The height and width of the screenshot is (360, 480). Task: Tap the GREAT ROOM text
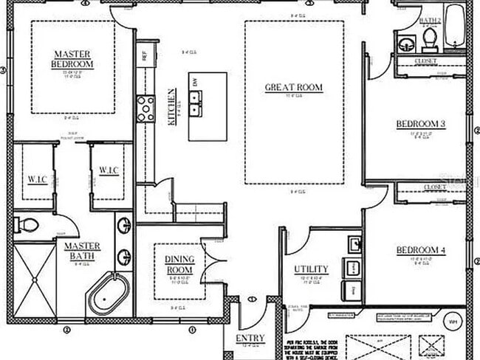(x=294, y=87)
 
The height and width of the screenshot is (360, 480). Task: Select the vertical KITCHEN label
(x=171, y=108)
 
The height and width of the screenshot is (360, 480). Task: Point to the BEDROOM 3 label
(x=419, y=124)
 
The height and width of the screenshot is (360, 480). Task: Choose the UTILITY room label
(x=306, y=269)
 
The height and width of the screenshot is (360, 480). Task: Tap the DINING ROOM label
(x=179, y=264)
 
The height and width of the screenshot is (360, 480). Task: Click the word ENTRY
(x=251, y=339)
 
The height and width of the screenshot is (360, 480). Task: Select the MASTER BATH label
(x=82, y=251)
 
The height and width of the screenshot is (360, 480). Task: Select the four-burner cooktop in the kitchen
(x=145, y=108)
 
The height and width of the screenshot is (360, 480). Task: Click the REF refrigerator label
(x=145, y=55)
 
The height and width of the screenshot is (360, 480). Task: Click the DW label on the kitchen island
(x=195, y=83)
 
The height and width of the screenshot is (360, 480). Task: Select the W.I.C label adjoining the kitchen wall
(x=109, y=171)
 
